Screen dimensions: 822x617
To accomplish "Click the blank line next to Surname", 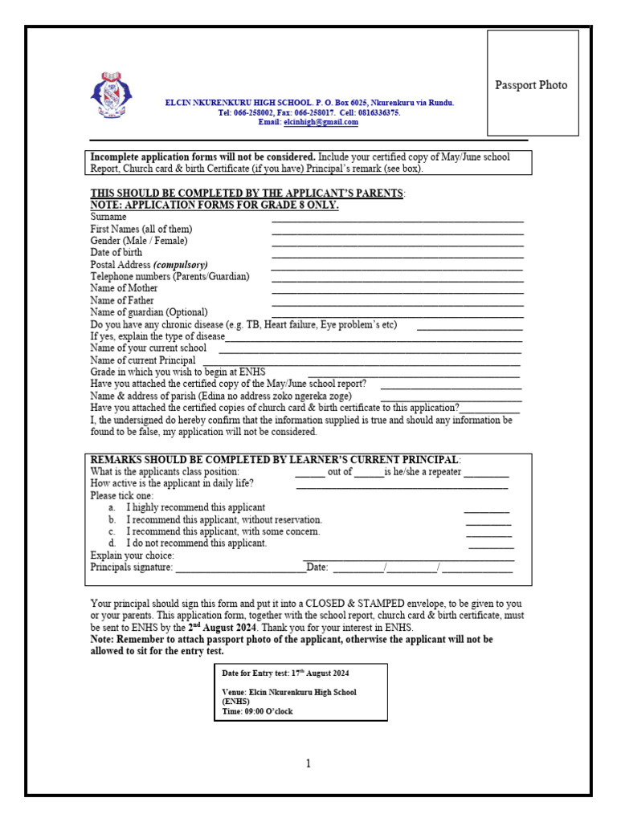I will (x=398, y=219).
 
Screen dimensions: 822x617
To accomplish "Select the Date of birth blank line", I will (x=398, y=255).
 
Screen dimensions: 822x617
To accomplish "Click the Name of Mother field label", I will (x=124, y=288).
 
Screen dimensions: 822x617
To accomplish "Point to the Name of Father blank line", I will (x=398, y=303).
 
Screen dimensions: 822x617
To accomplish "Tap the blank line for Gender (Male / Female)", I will (x=398, y=243).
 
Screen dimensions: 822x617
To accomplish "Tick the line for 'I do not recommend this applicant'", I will (x=491, y=546).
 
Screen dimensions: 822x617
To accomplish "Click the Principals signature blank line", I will (x=240, y=570).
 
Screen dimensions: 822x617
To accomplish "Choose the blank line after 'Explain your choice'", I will (x=408, y=558).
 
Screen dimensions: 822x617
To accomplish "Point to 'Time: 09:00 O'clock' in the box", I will (x=258, y=711).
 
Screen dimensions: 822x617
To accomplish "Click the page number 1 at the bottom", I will (x=308, y=763).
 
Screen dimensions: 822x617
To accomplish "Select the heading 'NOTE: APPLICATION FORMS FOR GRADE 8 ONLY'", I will (x=215, y=205).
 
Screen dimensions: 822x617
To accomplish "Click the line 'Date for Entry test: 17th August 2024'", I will (x=285, y=673).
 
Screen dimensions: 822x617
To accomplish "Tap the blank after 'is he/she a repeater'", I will (x=486, y=474).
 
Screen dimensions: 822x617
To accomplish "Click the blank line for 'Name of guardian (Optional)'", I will (x=398, y=315).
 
